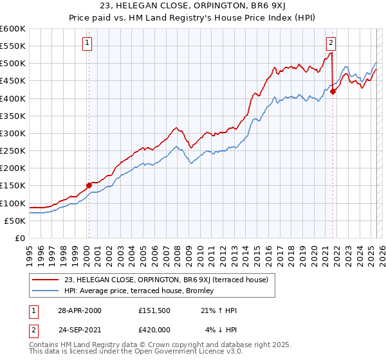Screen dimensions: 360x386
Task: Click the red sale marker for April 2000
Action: coord(89,185)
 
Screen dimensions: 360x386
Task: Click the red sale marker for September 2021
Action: coord(333,92)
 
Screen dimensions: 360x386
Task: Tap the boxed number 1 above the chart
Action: coord(86,44)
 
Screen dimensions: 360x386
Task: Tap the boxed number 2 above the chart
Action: coord(331,44)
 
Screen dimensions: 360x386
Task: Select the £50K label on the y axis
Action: coord(15,221)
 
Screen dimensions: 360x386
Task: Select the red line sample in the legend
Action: coord(46,280)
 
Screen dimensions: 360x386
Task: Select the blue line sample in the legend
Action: coord(46,291)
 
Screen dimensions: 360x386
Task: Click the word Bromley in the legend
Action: coord(206,291)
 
